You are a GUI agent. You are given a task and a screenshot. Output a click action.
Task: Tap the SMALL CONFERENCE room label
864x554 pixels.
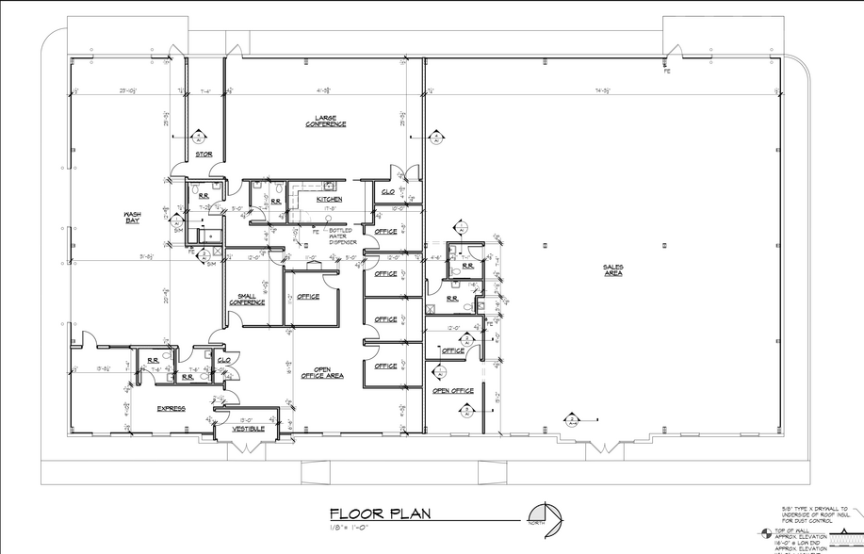coord(246,299)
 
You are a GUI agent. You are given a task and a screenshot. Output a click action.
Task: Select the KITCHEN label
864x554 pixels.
coord(330,200)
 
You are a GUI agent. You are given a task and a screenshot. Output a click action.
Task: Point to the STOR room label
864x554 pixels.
coord(204,154)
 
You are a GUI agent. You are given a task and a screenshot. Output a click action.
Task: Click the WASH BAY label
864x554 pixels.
coord(132,217)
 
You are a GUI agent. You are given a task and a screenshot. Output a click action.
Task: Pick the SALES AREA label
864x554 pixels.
coord(613,269)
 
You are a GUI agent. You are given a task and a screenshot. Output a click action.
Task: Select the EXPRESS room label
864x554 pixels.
coord(171,409)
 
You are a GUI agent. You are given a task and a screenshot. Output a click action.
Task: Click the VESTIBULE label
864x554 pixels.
coord(249,430)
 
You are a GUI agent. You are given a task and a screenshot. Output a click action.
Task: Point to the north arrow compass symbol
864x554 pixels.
coord(546,513)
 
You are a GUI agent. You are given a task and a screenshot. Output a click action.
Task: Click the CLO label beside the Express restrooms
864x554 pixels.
coord(224,359)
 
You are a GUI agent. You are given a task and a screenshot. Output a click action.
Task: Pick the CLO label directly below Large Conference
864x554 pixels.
coord(387,190)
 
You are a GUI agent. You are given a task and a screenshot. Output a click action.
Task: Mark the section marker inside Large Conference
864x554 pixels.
coord(435,137)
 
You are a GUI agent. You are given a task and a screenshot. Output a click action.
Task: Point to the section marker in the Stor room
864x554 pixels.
coord(199,135)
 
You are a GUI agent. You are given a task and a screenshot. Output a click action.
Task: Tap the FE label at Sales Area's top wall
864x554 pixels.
coord(666,72)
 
